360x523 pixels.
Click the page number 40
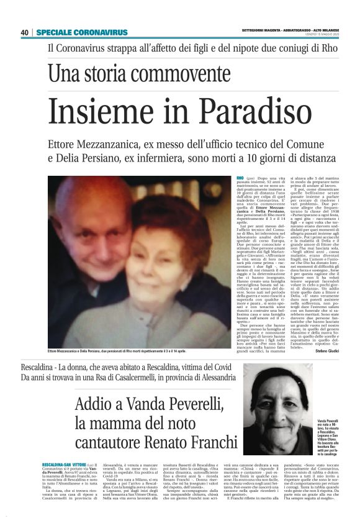(25, 32)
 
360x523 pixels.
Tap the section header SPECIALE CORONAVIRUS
(82, 32)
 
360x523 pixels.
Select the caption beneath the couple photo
(124, 352)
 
